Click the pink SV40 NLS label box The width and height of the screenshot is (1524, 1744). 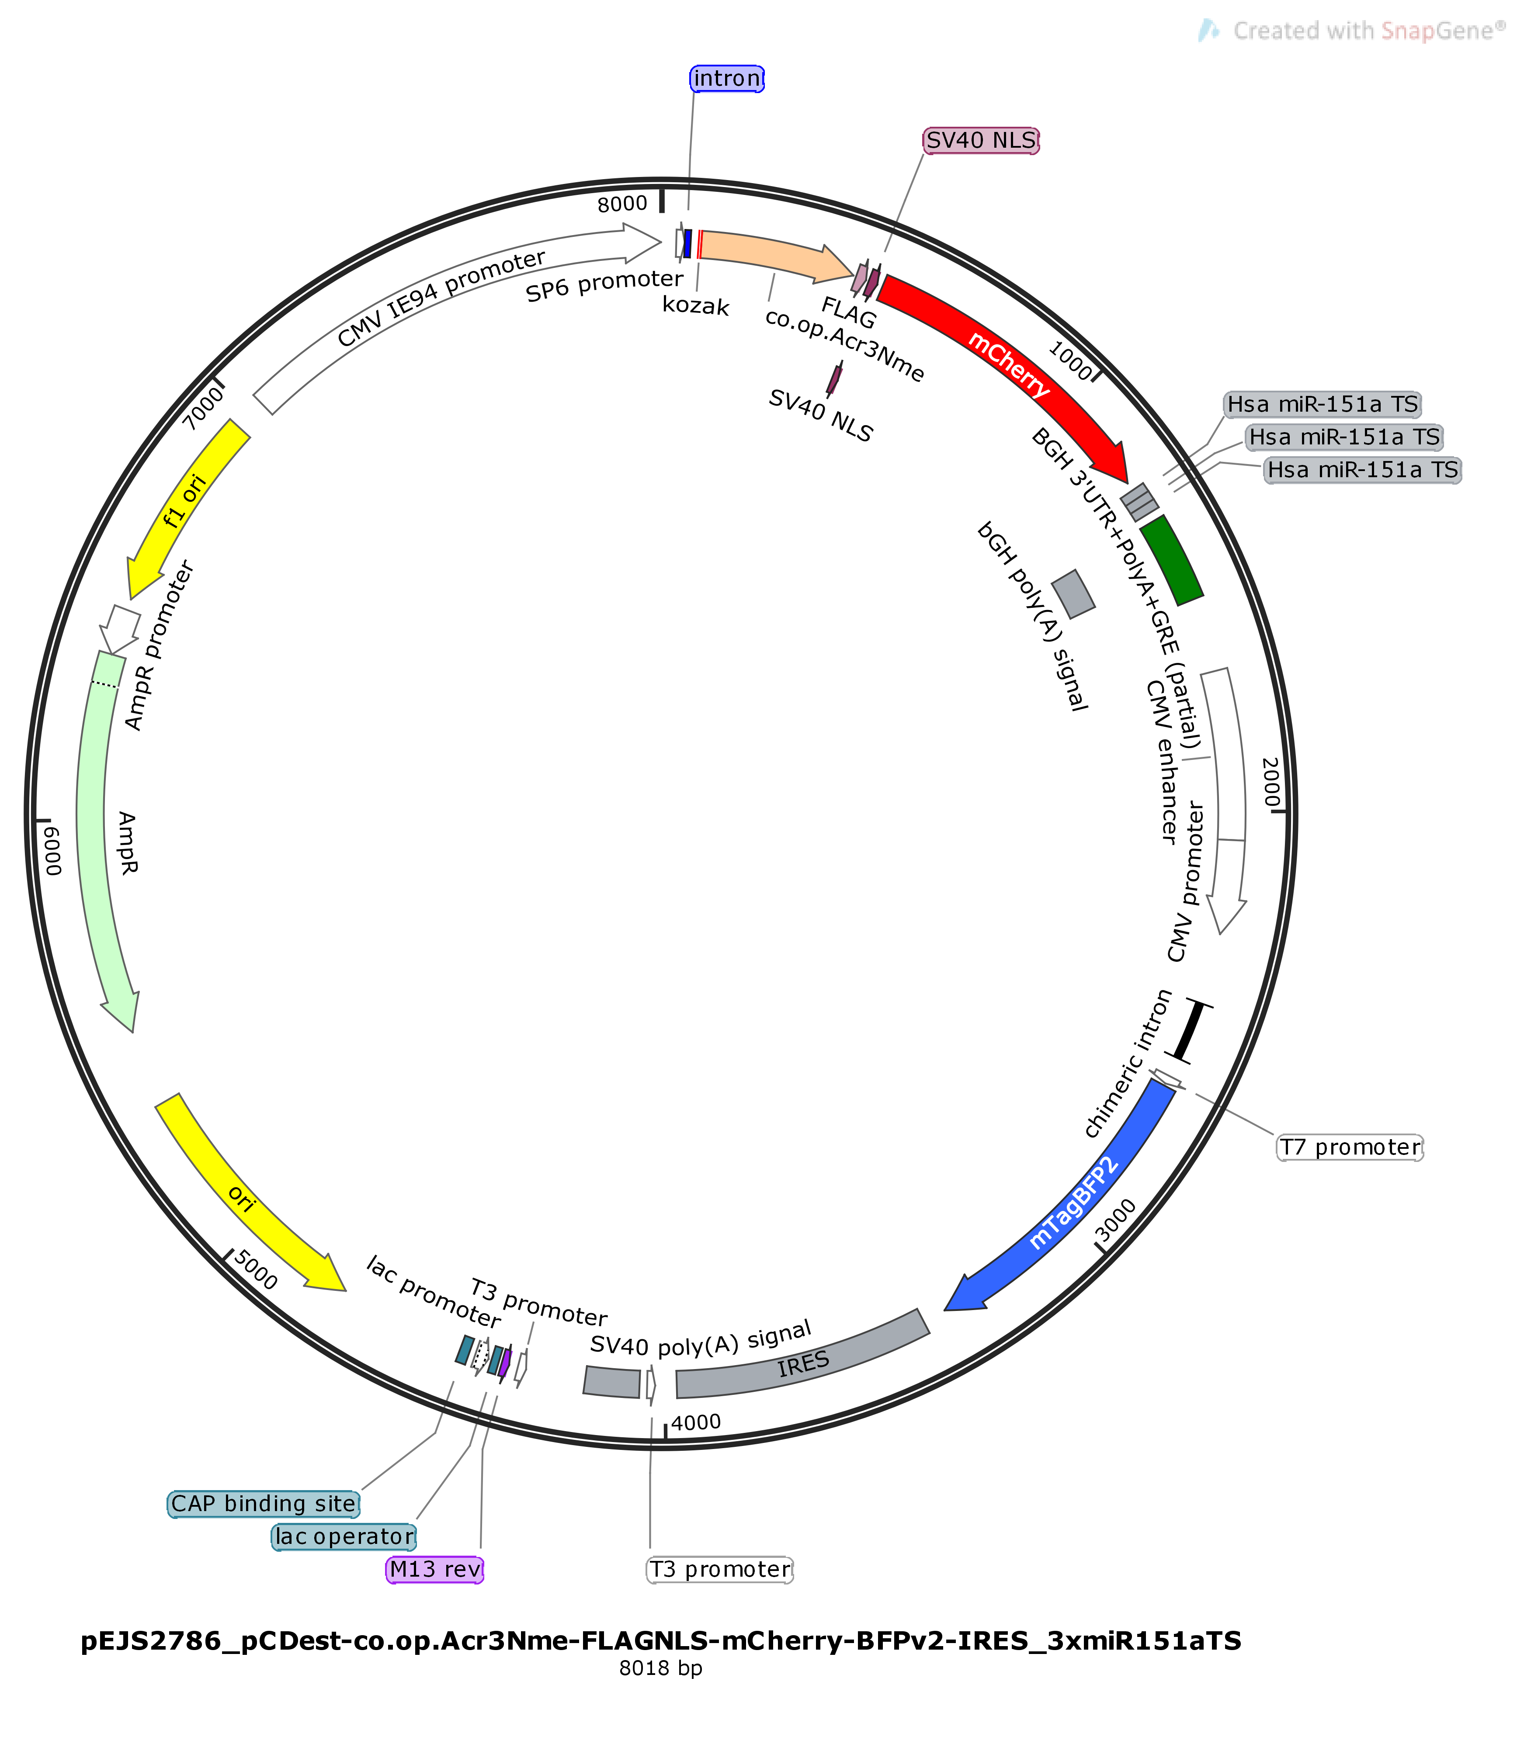981,140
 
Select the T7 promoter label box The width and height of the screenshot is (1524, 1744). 1350,1147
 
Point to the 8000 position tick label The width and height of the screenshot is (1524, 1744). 622,204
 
